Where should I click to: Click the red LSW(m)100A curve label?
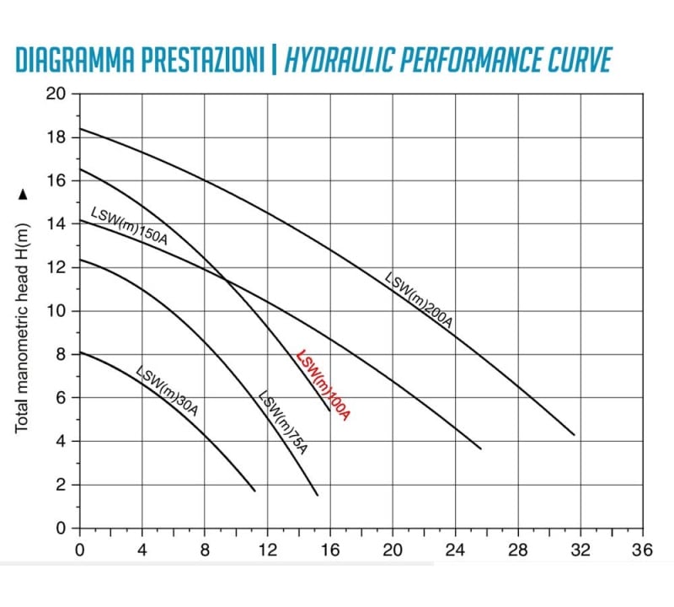point(324,385)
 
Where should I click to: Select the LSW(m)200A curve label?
point(418,300)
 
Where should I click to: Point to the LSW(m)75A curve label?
point(282,422)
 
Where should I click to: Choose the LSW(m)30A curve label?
point(167,391)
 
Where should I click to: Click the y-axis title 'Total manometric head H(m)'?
point(22,328)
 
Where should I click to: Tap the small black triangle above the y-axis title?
point(23,195)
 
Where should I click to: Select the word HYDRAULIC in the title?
point(340,59)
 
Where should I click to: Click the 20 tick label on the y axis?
point(56,94)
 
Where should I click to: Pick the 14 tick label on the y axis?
point(56,224)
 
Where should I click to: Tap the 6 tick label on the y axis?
point(61,398)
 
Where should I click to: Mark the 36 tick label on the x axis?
point(642,550)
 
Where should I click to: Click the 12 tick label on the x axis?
point(267,550)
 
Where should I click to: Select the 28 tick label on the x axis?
point(517,550)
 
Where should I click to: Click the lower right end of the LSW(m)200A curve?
point(575,434)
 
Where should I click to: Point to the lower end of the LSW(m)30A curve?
point(255,491)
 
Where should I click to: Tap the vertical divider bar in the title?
point(275,59)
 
